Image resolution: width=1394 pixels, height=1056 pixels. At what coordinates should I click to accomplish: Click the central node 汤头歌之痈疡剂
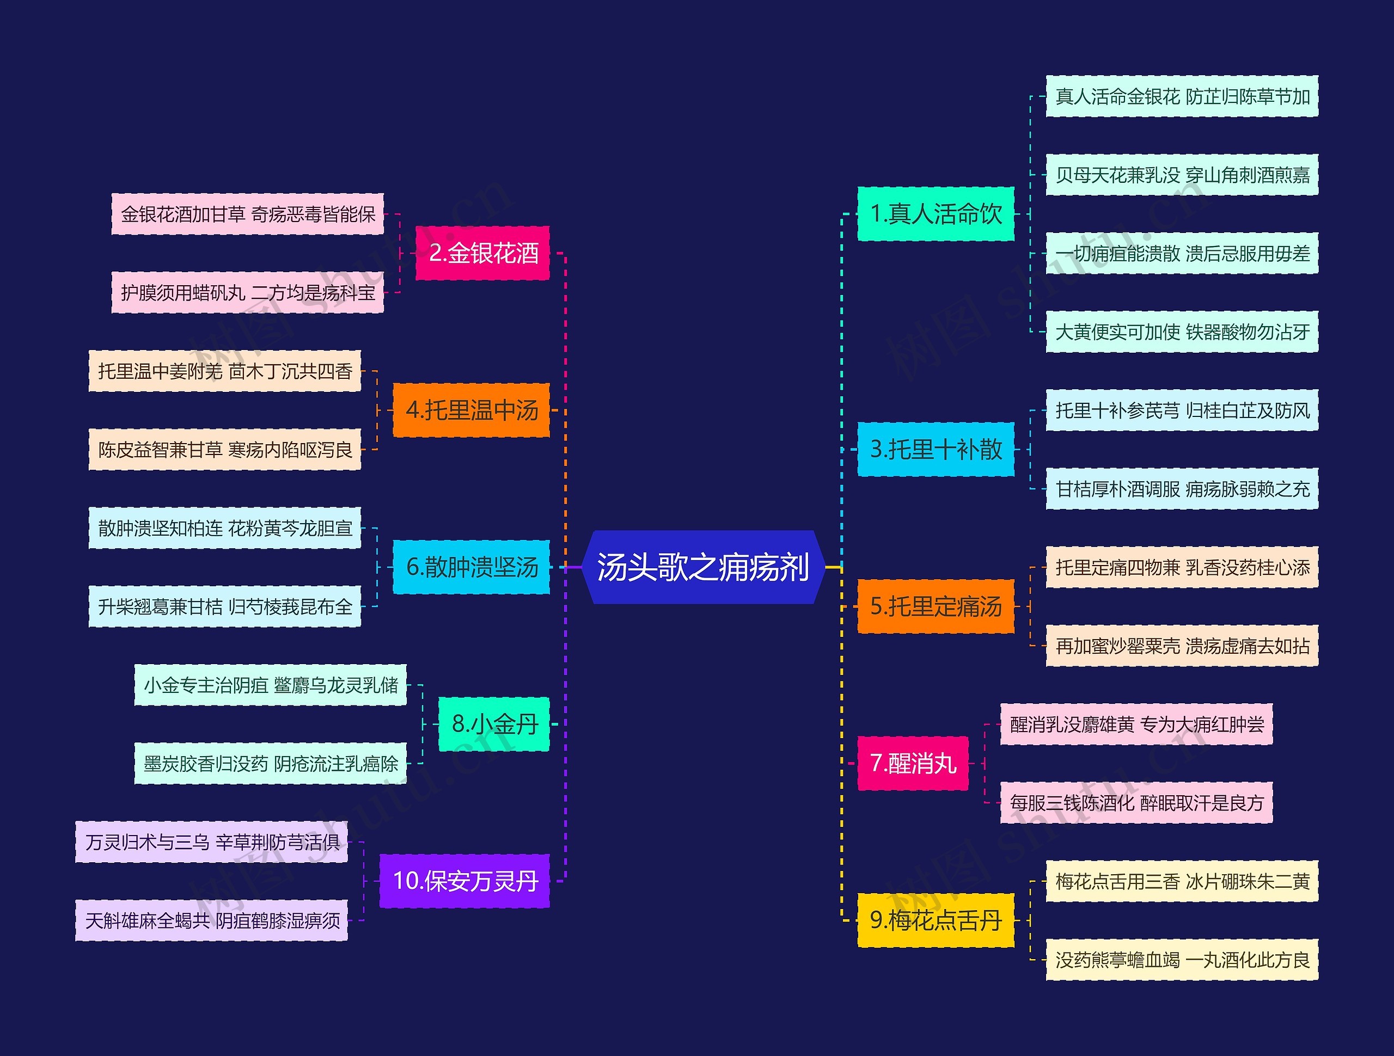pyautogui.click(x=702, y=567)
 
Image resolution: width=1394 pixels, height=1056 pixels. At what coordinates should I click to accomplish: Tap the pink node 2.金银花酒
pyautogui.click(x=483, y=253)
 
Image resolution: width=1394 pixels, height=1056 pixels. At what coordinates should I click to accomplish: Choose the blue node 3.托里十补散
pyautogui.click(x=936, y=449)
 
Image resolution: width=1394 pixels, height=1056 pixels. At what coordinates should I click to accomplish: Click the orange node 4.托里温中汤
pyautogui.click(x=472, y=410)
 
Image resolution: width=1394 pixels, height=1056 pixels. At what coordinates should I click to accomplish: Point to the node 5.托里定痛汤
pyautogui.click(x=936, y=606)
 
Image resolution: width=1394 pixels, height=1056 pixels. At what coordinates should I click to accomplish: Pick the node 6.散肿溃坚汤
pyautogui.click(x=472, y=567)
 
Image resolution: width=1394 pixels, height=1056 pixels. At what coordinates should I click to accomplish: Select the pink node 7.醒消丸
pyautogui.click(x=913, y=763)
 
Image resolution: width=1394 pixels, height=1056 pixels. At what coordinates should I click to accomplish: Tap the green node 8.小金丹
pyautogui.click(x=494, y=724)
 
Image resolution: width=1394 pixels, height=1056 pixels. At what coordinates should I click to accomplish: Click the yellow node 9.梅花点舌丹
pyautogui.click(x=936, y=920)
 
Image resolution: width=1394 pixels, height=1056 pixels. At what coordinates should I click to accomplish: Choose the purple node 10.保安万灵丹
pyautogui.click(x=464, y=881)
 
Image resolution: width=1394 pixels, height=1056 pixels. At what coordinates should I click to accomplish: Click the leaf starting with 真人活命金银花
pyautogui.click(x=1182, y=96)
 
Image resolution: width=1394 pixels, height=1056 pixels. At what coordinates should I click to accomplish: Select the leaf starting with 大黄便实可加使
pyautogui.click(x=1182, y=331)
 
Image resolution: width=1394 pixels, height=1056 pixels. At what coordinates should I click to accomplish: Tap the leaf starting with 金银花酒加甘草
pyautogui.click(x=248, y=214)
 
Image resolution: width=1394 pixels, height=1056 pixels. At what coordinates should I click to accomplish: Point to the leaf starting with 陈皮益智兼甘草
pyautogui.click(x=225, y=449)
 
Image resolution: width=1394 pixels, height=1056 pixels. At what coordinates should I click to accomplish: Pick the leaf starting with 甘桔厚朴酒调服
pyautogui.click(x=1182, y=489)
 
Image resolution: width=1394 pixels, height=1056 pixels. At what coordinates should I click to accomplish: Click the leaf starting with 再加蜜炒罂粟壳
pyautogui.click(x=1182, y=646)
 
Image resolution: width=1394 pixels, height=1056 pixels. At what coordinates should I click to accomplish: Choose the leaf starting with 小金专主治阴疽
pyautogui.click(x=270, y=685)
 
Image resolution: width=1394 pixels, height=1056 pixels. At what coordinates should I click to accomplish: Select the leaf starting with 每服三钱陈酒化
pyautogui.click(x=1136, y=803)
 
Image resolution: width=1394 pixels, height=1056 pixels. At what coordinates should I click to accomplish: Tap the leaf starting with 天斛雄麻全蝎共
pyautogui.click(x=212, y=920)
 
